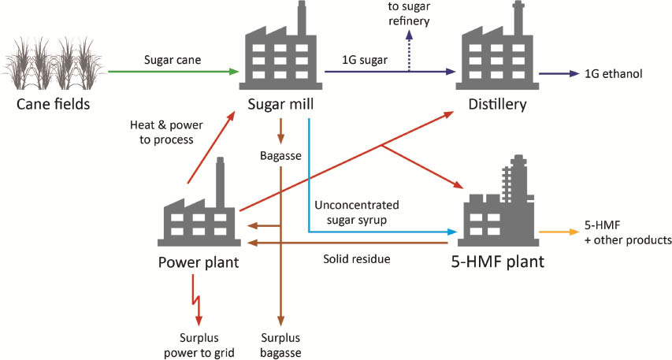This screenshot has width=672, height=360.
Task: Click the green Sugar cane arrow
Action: [173, 72]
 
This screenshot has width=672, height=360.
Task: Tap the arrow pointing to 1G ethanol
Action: [560, 73]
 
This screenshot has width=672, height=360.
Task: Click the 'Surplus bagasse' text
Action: [280, 345]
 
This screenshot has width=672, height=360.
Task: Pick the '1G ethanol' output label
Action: [614, 74]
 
